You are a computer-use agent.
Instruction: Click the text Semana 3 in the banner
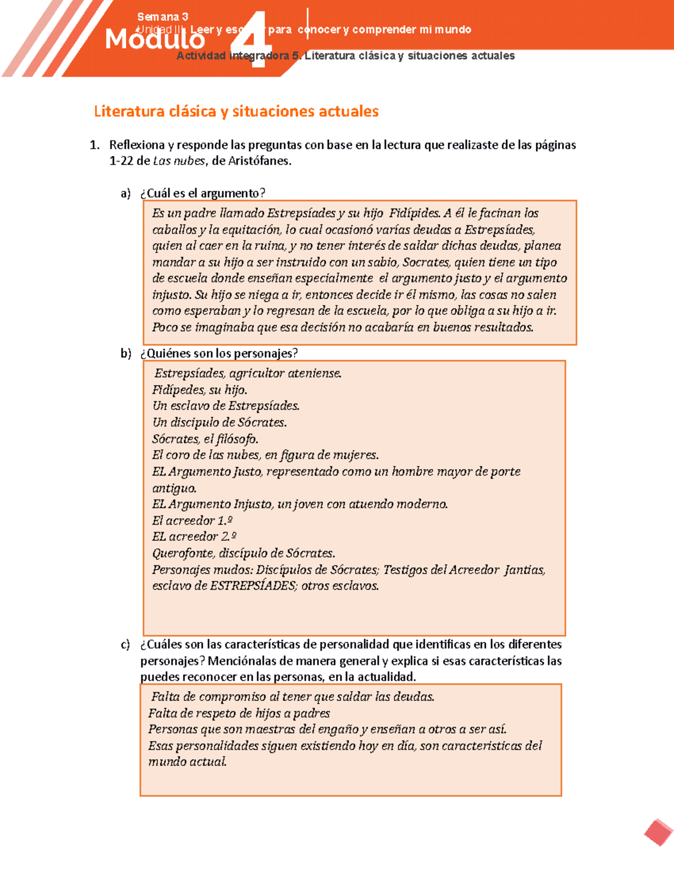click(x=162, y=17)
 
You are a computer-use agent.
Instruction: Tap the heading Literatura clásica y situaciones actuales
click(x=236, y=111)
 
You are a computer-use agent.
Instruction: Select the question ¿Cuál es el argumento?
click(x=202, y=193)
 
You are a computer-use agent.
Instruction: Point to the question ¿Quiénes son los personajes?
click(x=219, y=353)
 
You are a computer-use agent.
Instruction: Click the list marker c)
click(x=125, y=645)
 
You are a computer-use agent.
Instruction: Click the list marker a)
click(x=125, y=193)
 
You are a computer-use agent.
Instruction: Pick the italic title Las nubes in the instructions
click(x=179, y=161)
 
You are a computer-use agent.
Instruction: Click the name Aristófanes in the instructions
click(x=259, y=161)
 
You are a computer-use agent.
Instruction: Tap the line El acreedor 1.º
click(x=192, y=521)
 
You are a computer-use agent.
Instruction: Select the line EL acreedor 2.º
click(x=194, y=537)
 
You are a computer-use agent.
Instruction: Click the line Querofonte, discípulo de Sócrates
click(x=243, y=553)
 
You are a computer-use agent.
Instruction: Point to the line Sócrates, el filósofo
click(x=205, y=439)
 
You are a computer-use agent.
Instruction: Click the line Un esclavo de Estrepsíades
click(x=226, y=406)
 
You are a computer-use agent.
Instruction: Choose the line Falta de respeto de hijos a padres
click(x=239, y=713)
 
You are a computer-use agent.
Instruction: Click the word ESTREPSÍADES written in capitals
click(x=252, y=586)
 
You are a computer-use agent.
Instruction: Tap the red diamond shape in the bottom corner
click(x=658, y=832)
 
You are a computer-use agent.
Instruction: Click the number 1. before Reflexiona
click(x=94, y=145)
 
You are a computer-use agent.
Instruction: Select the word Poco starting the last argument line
click(x=165, y=327)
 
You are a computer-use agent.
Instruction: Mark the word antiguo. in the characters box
click(x=174, y=488)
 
